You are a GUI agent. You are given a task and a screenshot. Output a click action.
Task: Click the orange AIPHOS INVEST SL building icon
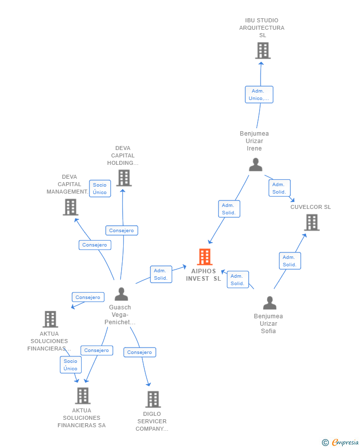[205, 256]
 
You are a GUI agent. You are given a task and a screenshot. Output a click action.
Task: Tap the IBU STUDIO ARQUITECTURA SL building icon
[263, 50]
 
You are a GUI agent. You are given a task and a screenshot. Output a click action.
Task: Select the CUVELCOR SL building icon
[312, 222]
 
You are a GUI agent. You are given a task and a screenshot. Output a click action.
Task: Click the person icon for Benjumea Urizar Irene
[256, 164]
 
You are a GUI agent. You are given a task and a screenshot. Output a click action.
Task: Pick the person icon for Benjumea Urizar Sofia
[270, 303]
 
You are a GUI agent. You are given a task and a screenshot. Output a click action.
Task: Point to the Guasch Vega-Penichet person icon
[121, 294]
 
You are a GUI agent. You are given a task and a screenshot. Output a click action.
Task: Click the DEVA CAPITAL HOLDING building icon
[124, 178]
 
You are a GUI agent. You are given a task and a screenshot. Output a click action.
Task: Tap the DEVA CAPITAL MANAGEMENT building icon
[71, 207]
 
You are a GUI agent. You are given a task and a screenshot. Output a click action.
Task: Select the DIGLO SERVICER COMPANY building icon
[153, 399]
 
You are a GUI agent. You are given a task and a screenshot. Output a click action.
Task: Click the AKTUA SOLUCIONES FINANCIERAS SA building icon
[83, 396]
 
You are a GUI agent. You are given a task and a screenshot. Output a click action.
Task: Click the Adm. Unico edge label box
[259, 95]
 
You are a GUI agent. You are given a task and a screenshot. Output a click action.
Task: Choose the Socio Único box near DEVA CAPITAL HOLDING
[100, 189]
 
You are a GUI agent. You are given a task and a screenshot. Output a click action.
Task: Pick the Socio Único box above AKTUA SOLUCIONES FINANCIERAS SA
[71, 365]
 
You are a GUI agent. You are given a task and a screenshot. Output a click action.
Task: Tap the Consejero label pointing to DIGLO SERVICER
[139, 352]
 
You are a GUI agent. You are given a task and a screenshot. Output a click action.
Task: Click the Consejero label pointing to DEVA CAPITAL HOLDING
[122, 231]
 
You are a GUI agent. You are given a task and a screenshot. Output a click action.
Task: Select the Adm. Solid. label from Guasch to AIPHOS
[161, 274]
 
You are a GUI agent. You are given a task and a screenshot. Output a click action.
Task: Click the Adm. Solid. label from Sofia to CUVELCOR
[290, 261]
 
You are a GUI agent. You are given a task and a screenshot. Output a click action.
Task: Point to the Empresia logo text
[345, 442]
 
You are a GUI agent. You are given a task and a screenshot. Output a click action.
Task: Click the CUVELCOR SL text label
[311, 207]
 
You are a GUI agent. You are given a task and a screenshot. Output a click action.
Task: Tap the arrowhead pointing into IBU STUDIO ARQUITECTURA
[261, 63]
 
